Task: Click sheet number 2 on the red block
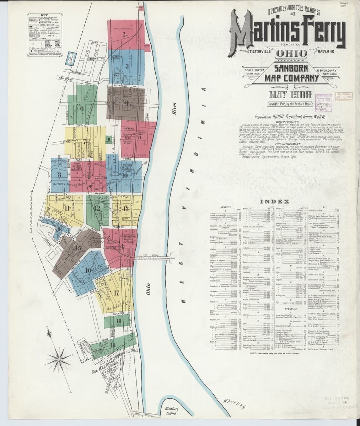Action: point(124,34)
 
